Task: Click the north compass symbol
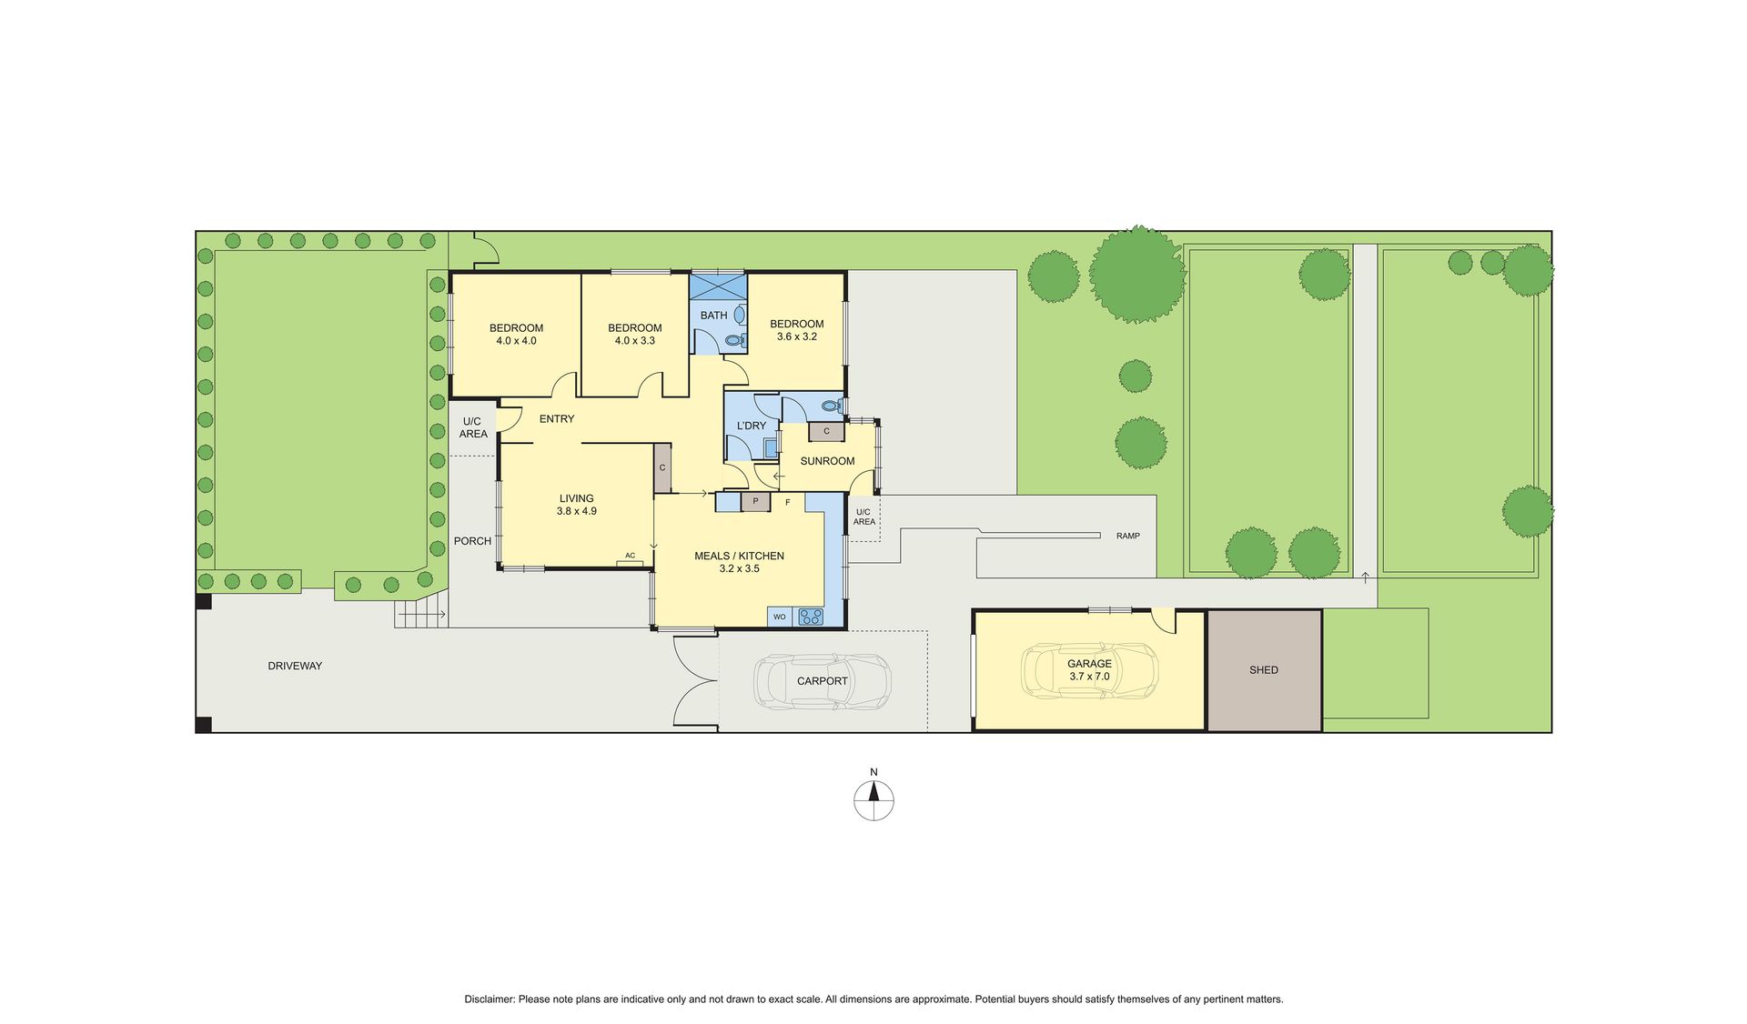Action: [x=873, y=801]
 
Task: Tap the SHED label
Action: [x=1263, y=670]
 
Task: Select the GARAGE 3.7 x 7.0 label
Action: [x=1089, y=670]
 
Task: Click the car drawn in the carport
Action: [x=823, y=681]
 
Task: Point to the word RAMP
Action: [x=1128, y=537]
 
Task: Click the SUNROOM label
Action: [x=827, y=461]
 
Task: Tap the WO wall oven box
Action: [x=780, y=617]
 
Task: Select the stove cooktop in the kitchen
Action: [x=810, y=617]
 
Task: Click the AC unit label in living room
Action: [x=630, y=556]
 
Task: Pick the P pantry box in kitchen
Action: [x=755, y=501]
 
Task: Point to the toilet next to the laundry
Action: [x=831, y=407]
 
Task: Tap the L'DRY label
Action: [x=752, y=426]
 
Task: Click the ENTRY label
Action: [x=557, y=419]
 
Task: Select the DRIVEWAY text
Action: [x=295, y=667]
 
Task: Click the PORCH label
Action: [x=472, y=541]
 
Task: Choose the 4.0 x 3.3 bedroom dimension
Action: [x=635, y=341]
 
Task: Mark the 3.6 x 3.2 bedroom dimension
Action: [x=797, y=336]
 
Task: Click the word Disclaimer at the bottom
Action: [x=490, y=999]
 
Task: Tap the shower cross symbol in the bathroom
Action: [x=717, y=286]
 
